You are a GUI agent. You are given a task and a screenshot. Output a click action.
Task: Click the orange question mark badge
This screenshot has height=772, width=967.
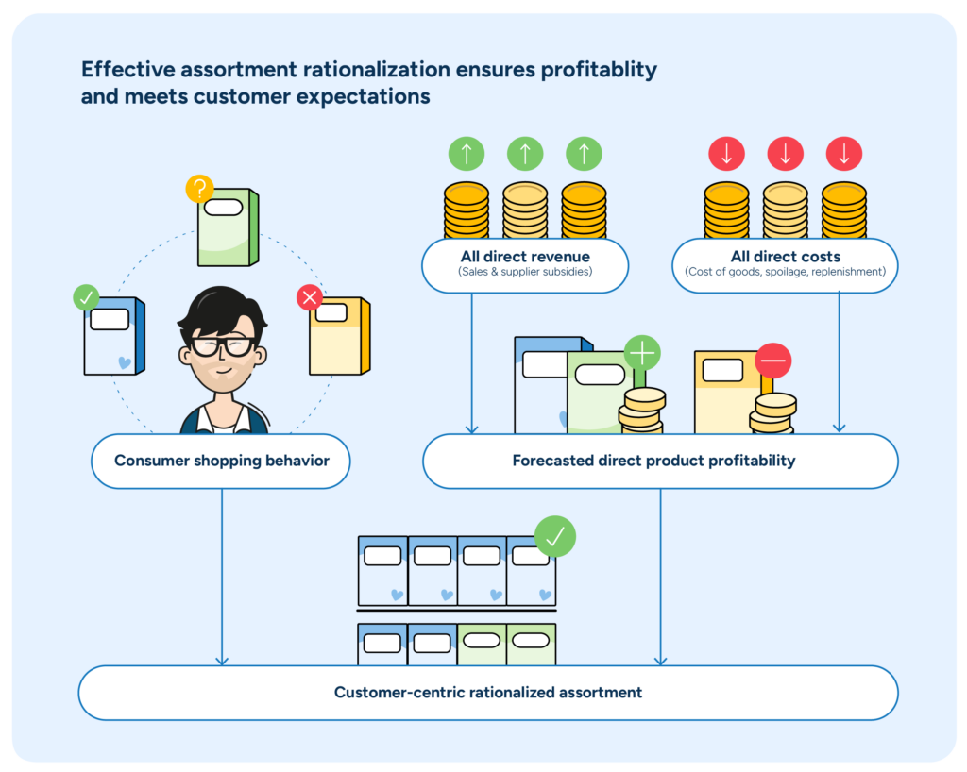[199, 189]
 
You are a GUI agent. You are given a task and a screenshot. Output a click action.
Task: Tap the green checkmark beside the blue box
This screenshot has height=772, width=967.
[86, 298]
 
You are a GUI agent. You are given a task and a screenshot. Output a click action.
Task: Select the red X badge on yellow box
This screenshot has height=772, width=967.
[310, 298]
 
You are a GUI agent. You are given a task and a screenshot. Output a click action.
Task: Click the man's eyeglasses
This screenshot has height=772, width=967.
[223, 345]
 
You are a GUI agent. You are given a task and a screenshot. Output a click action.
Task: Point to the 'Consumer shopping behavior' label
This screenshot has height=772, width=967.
[221, 462]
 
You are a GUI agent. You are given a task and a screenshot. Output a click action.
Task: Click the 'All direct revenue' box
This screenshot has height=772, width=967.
[525, 264]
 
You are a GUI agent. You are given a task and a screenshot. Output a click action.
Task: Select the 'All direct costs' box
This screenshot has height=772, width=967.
[785, 264]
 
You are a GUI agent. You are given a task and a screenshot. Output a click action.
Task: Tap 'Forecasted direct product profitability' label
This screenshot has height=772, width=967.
[653, 462]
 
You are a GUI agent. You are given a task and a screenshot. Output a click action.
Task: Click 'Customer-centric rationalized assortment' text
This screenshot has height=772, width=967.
[487, 693]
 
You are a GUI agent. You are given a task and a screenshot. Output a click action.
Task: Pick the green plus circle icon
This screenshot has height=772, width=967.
[642, 353]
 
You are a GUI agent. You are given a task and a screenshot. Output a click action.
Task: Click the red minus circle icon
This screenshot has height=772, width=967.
[772, 361]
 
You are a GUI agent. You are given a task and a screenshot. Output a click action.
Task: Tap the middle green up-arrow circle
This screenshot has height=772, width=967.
[525, 153]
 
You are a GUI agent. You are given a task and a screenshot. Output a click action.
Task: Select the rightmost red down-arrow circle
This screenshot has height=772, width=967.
[843, 153]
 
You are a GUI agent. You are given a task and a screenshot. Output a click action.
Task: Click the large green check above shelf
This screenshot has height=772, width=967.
[554, 536]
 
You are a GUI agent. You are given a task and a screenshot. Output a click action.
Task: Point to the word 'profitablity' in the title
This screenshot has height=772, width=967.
[594, 70]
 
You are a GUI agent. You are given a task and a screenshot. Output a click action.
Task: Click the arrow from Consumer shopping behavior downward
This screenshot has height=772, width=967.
[222, 576]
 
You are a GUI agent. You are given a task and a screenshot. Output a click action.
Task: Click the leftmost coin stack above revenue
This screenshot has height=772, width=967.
[467, 210]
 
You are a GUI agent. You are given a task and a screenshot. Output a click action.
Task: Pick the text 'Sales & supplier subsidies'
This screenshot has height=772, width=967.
[525, 273]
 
